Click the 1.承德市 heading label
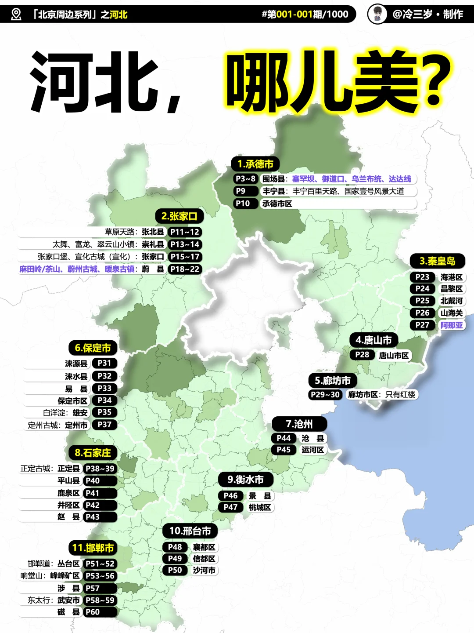(x=255, y=164)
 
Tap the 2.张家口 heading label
(x=179, y=216)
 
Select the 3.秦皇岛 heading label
(x=437, y=261)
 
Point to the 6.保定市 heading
(x=93, y=348)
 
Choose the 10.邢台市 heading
(x=190, y=531)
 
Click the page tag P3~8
(x=245, y=179)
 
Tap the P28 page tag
(x=362, y=355)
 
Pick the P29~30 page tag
(x=325, y=395)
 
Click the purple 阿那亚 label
(x=452, y=325)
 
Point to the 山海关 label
(x=452, y=313)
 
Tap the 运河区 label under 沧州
(x=312, y=450)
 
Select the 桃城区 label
(x=260, y=507)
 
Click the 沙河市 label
(x=204, y=571)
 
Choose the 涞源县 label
(x=76, y=364)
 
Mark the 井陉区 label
(x=68, y=506)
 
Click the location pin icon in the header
(x=16, y=15)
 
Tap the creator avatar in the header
(x=377, y=15)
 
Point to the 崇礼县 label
(x=153, y=244)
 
